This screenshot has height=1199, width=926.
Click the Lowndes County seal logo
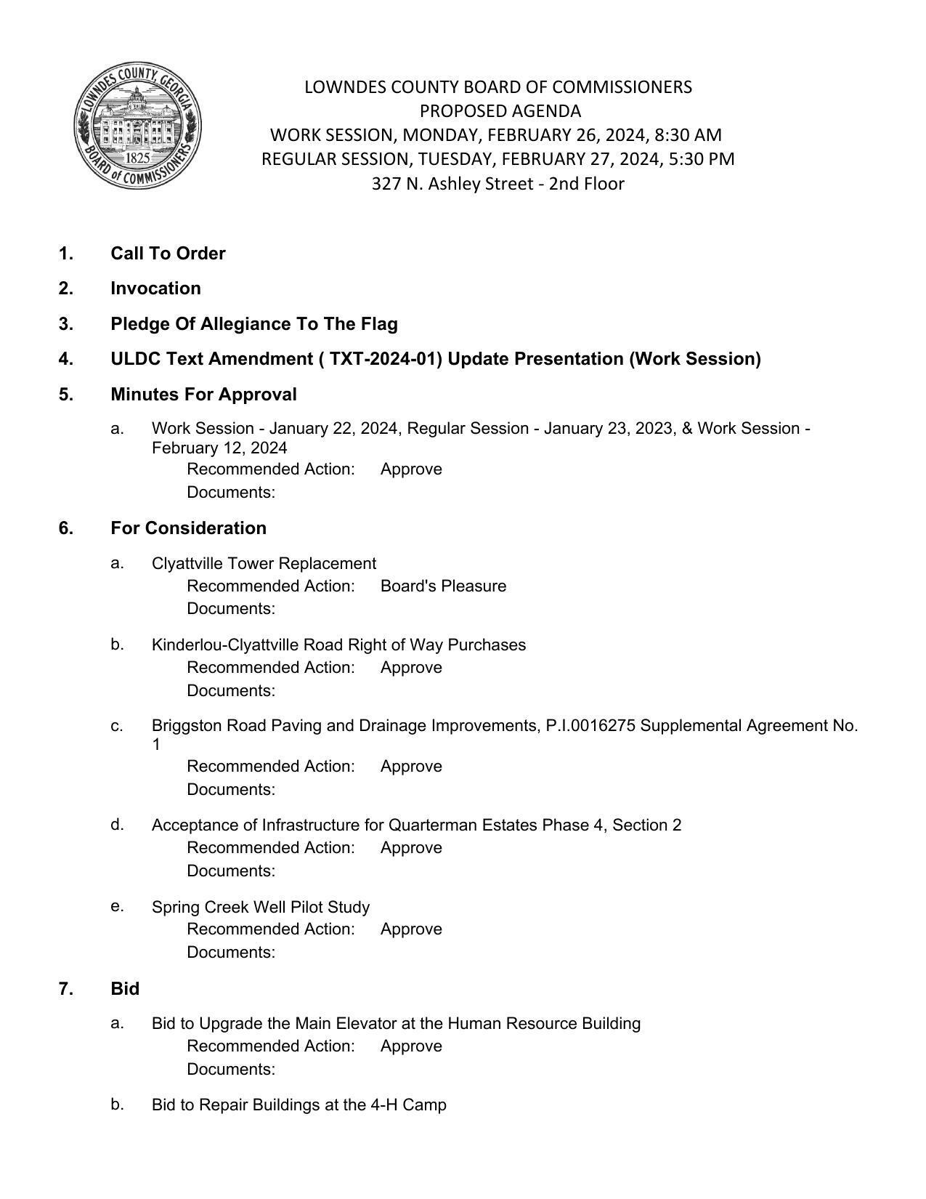pyautogui.click(x=137, y=125)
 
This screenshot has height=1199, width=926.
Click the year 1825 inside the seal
pyautogui.click(x=138, y=158)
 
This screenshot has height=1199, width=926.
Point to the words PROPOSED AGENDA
pyautogui.click(x=500, y=111)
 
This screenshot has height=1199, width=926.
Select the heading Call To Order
pyautogui.click(x=168, y=254)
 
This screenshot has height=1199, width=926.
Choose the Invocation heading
pyautogui.click(x=155, y=288)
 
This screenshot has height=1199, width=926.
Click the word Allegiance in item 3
pyautogui.click(x=246, y=324)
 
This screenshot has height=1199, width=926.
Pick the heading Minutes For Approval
pyautogui.click(x=203, y=395)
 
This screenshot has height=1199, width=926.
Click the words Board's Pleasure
pyautogui.click(x=443, y=586)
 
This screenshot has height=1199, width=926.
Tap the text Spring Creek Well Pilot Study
pyautogui.click(x=261, y=908)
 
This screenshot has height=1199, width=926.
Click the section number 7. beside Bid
pyautogui.click(x=66, y=989)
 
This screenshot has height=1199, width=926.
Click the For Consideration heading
pyautogui.click(x=188, y=528)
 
